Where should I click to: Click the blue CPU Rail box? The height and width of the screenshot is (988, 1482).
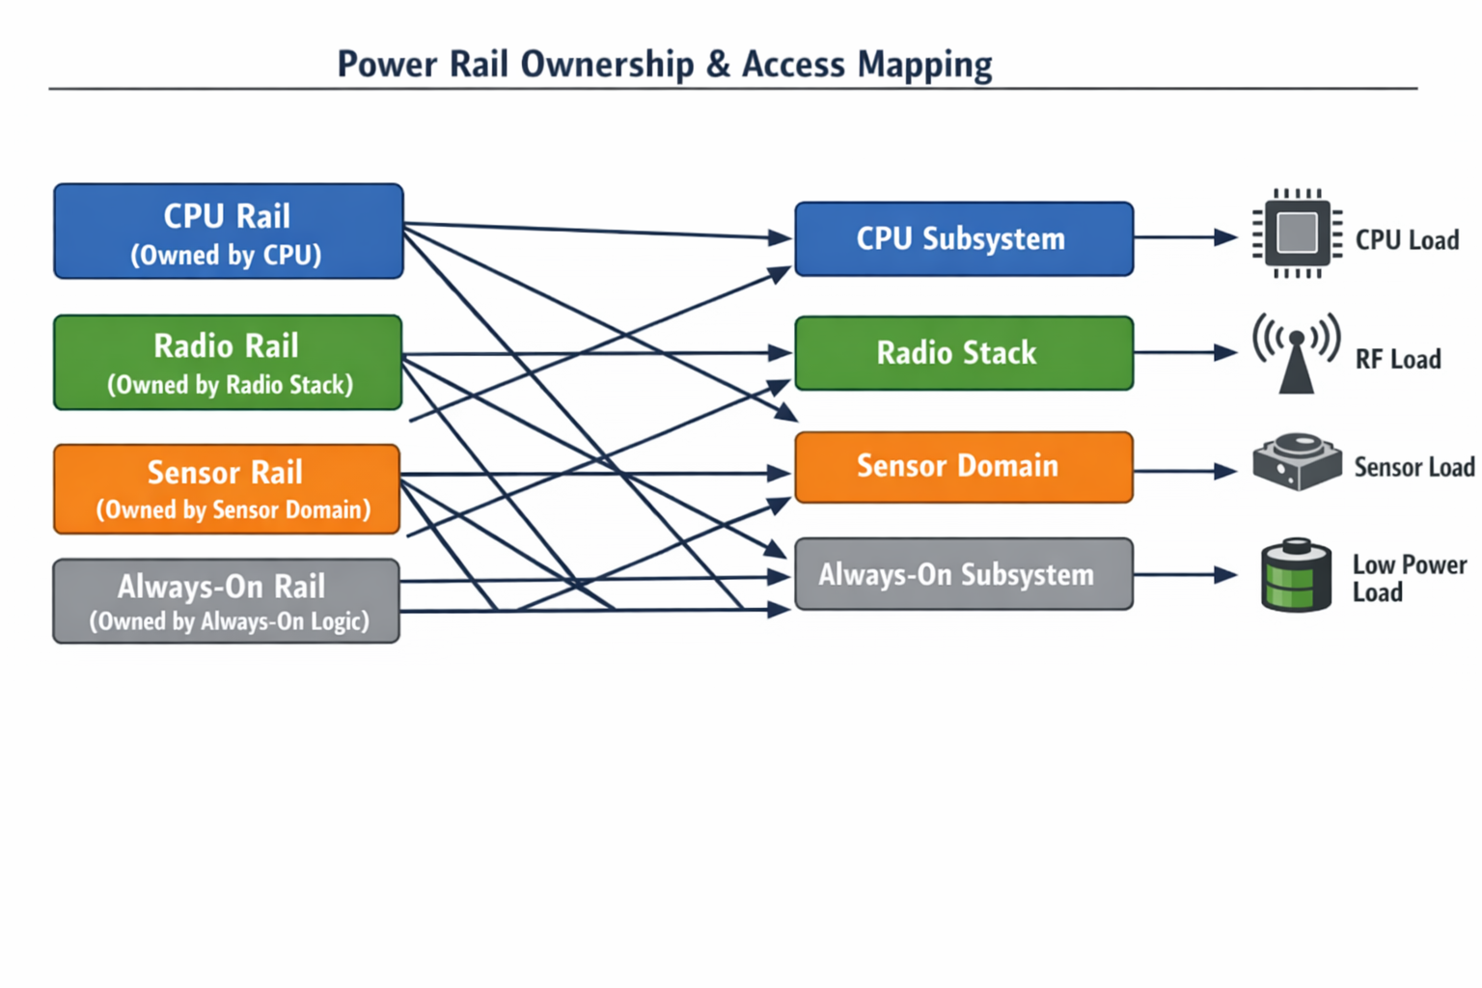228,232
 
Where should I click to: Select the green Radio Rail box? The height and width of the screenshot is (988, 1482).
228,363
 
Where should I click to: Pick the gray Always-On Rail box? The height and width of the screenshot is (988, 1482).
227,601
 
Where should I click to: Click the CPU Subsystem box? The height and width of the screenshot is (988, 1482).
963,239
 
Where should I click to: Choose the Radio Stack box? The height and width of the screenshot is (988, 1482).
963,353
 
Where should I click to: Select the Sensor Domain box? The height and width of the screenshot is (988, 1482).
963,467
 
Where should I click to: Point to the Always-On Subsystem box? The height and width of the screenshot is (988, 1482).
963,574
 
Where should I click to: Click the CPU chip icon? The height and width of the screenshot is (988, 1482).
1297,233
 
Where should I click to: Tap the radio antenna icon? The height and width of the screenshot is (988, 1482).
1296,353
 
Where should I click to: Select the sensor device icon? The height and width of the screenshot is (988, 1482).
1297,462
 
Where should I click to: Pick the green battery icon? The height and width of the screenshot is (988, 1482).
1296,576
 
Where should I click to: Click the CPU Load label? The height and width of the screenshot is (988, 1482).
1407,240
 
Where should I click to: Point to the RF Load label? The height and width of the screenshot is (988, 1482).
1397,360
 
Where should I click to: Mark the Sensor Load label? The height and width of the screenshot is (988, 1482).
1413,468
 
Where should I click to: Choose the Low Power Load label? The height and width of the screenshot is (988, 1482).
1408,578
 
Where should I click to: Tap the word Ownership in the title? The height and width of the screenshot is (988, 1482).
607,65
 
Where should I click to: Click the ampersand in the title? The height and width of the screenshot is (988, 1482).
718,65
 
